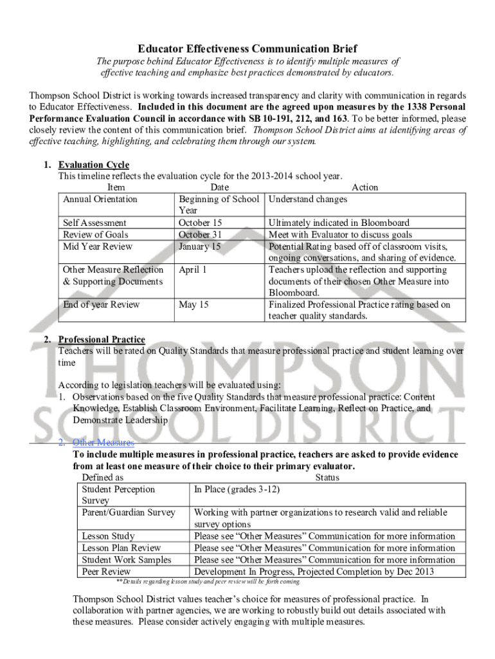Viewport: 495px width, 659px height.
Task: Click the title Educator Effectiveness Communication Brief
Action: (x=248, y=49)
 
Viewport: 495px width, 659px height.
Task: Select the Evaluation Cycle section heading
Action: (x=93, y=165)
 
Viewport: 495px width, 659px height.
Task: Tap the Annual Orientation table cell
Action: (x=100, y=199)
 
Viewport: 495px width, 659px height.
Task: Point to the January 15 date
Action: (x=199, y=246)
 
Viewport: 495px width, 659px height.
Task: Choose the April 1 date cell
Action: (x=193, y=270)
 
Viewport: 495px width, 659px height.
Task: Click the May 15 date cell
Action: (x=194, y=304)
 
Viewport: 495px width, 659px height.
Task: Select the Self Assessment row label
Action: (x=94, y=223)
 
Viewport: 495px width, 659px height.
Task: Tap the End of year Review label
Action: (x=101, y=304)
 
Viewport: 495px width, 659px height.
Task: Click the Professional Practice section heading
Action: (x=102, y=339)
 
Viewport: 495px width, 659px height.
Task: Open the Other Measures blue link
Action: (x=104, y=443)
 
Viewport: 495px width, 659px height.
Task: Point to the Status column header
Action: (x=327, y=478)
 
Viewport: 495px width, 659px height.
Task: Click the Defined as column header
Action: (x=103, y=478)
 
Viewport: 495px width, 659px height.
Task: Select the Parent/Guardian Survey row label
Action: (x=129, y=512)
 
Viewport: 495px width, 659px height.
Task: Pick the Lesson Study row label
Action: (x=108, y=536)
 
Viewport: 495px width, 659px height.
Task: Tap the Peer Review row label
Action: (x=106, y=571)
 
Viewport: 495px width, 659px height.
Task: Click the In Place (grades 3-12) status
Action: (x=237, y=489)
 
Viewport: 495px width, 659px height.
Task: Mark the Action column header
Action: (x=364, y=187)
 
